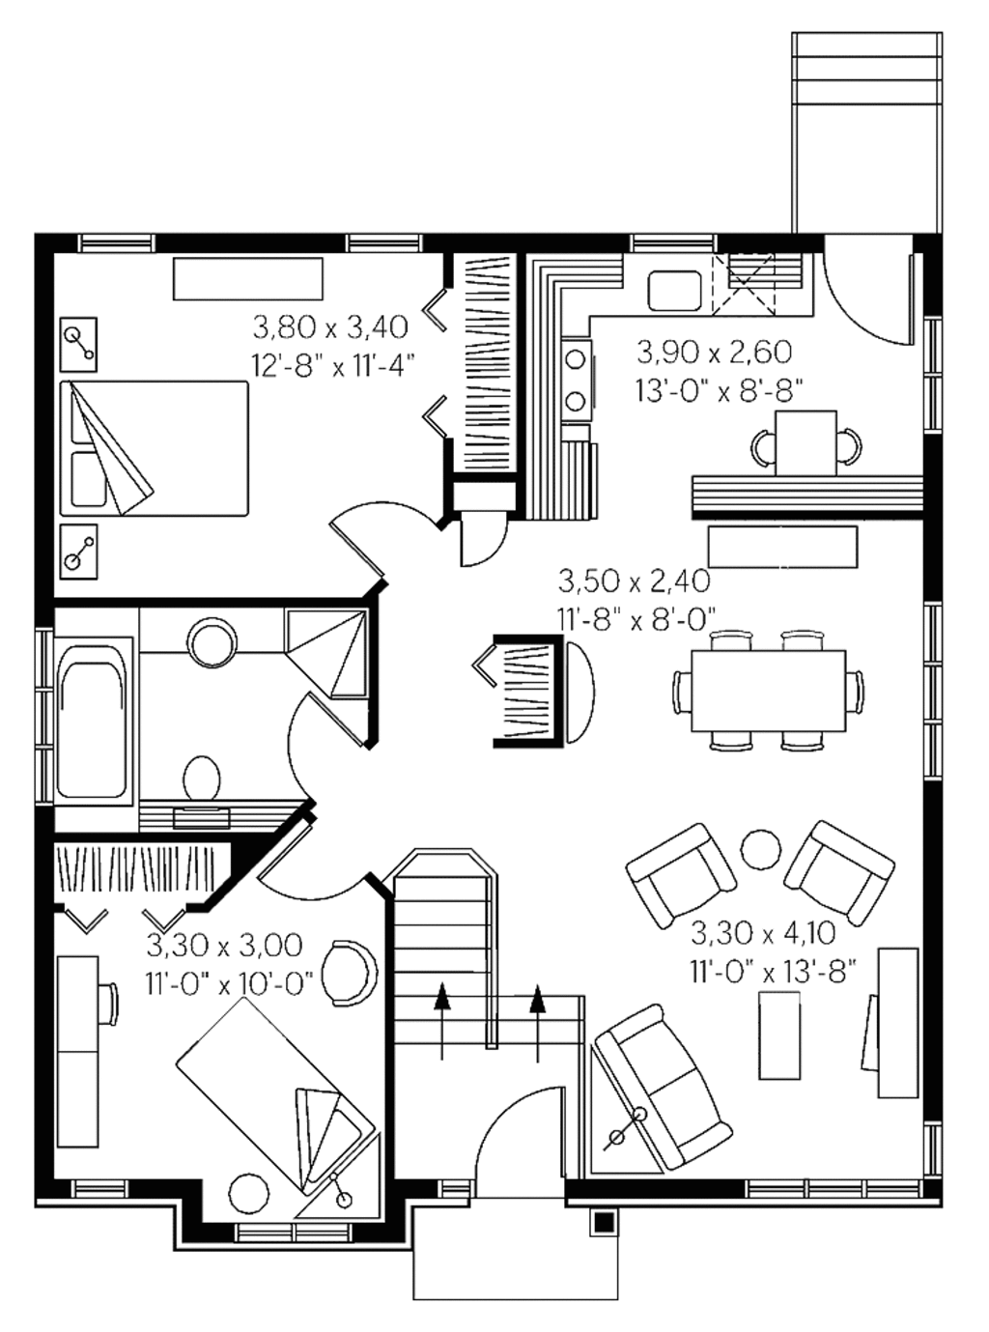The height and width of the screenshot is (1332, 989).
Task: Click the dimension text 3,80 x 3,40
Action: pos(330,328)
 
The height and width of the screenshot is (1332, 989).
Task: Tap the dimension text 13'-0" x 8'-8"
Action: pos(720,389)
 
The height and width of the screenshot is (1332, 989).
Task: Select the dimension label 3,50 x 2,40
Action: pos(634,581)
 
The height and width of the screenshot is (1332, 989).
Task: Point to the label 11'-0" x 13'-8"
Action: pos(773,971)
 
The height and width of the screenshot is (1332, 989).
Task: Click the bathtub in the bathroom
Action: pos(92,721)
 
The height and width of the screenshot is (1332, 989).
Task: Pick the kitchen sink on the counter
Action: pos(674,290)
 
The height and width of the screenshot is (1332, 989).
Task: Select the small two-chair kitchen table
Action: pos(805,442)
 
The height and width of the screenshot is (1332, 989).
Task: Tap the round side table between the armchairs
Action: pos(761,849)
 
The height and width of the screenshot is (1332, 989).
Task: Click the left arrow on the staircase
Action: pos(442,1022)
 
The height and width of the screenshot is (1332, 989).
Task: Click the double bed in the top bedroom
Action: pos(155,448)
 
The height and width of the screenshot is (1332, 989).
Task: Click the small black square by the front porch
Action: pos(604,1222)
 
